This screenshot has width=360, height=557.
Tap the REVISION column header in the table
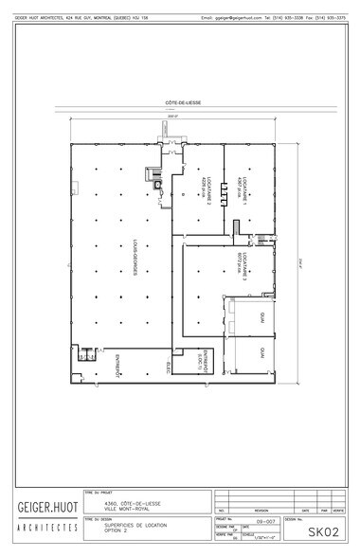tap(260, 509)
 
